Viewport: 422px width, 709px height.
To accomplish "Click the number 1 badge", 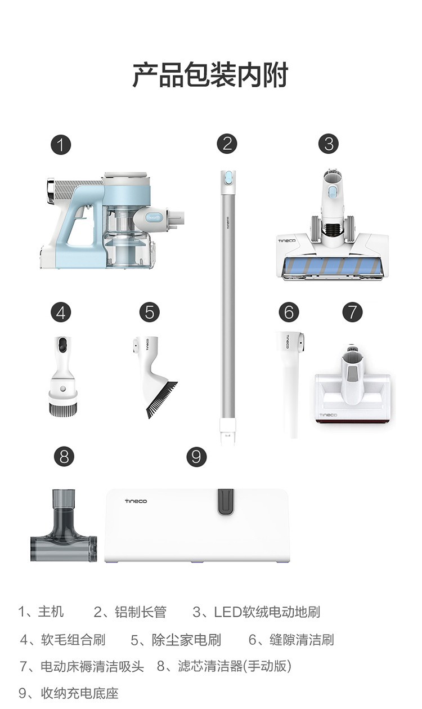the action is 60,145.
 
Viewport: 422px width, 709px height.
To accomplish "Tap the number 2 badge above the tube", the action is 227,144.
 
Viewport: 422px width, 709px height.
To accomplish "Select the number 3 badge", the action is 329,144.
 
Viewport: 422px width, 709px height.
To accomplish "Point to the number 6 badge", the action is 289,313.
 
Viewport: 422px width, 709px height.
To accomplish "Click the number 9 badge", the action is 196,457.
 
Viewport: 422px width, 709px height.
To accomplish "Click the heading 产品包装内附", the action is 210,75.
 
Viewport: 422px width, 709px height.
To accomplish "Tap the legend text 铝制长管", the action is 141,612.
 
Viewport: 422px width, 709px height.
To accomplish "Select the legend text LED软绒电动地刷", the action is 267,612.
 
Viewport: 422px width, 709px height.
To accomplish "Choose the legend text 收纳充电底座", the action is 80,693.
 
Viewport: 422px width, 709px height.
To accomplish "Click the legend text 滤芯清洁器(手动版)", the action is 235,666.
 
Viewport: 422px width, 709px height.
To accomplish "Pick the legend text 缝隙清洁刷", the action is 302,639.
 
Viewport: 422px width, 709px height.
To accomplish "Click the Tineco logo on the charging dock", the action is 136,501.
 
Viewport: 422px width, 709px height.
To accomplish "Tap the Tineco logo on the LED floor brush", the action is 287,241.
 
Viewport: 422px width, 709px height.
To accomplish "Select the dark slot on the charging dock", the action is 226,501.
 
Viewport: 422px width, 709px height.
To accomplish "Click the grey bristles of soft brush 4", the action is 64,408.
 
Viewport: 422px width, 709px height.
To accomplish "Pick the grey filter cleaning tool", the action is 64,526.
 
